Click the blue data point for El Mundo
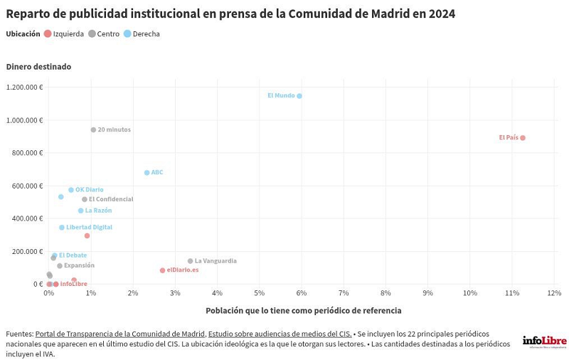tap(299, 96)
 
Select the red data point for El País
tap(523, 138)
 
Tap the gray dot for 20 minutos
tap(93, 130)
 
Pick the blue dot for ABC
tap(147, 173)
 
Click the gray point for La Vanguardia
tap(191, 261)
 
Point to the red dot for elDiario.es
tap(163, 270)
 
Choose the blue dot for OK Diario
tap(71, 190)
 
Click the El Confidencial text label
tap(111, 199)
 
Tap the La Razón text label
tap(98, 211)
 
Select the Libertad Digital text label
tap(89, 228)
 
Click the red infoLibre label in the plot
tap(73, 284)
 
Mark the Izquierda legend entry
tap(64, 34)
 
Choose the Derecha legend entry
tap(142, 34)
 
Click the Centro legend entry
tap(104, 34)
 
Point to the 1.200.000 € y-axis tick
tap(25, 88)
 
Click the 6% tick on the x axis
tap(301, 293)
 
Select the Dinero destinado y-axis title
tap(38, 67)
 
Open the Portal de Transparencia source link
tap(119, 334)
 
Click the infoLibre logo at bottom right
tap(544, 342)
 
